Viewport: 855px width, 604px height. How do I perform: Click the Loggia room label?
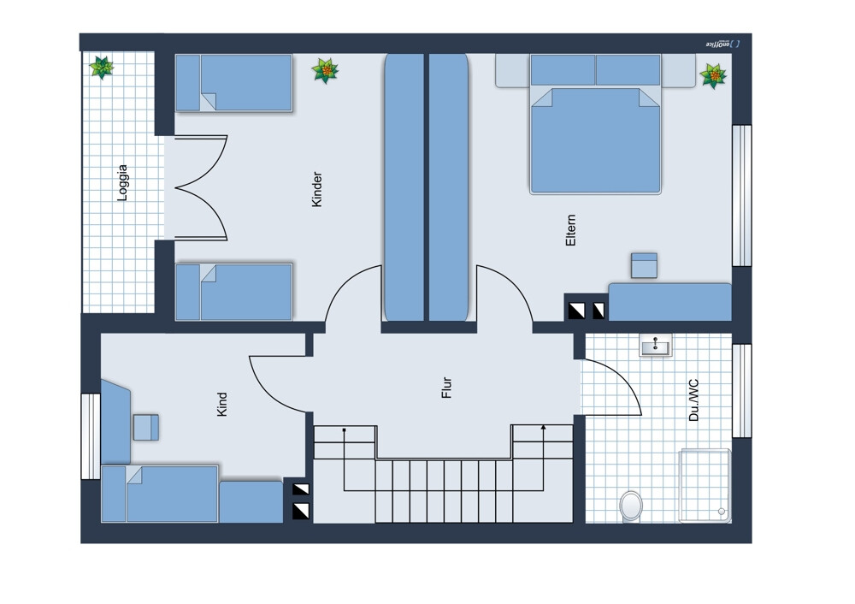122,183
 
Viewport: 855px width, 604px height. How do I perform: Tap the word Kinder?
317,189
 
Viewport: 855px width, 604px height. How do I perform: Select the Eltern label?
571,229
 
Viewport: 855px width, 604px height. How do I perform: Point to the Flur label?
446,388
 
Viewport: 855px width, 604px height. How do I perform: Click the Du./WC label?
693,400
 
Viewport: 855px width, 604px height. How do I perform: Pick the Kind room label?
222,405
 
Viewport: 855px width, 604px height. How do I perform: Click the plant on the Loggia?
102,67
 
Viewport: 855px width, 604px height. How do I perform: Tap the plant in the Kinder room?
325,71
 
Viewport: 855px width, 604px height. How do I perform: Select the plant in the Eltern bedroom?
713,76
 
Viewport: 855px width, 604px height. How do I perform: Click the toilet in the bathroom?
631,506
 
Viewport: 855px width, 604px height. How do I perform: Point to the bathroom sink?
656,346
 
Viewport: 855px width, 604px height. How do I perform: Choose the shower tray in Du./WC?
705,485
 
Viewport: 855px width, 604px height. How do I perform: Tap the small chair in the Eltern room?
644,265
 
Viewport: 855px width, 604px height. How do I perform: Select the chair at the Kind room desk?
146,427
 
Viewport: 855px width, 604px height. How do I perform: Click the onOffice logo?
723,44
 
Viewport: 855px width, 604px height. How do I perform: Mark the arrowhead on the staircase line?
543,429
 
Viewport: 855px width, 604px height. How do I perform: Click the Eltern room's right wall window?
741,195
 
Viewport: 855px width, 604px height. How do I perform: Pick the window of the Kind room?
91,436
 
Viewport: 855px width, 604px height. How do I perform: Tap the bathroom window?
741,391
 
